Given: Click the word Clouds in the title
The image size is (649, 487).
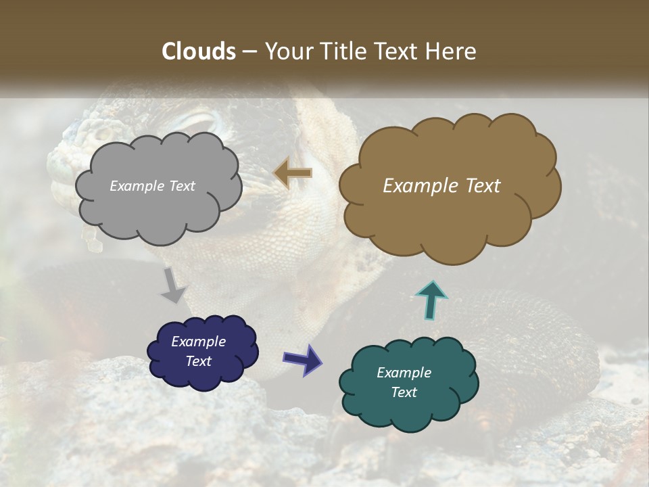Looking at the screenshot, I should click(x=199, y=51).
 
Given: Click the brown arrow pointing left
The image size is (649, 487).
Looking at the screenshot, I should click(x=293, y=173).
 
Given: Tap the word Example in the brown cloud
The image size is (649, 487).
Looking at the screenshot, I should click(x=419, y=186).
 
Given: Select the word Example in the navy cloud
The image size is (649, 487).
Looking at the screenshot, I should click(x=198, y=342).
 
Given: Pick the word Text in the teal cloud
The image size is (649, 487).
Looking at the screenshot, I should click(x=404, y=392).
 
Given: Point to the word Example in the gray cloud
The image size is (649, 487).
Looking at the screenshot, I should click(x=137, y=186).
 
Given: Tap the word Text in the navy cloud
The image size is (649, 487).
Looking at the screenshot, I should click(x=198, y=361).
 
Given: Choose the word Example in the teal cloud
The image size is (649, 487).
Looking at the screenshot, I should click(x=404, y=373).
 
